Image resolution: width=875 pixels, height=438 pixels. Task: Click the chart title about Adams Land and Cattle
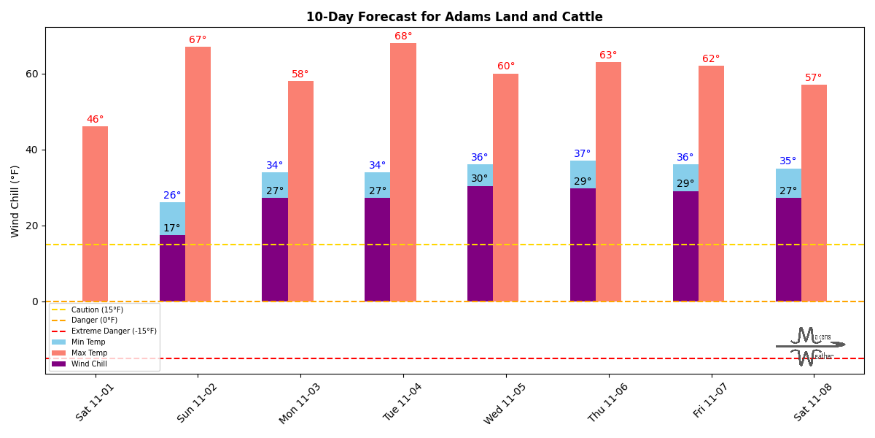[454, 17]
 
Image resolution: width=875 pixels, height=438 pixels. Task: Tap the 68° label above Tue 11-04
[403, 36]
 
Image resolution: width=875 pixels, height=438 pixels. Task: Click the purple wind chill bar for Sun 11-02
[172, 268]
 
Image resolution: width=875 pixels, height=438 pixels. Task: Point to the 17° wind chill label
[172, 228]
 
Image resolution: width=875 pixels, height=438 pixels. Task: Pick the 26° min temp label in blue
[172, 196]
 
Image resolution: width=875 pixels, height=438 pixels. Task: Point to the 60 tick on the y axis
[31, 74]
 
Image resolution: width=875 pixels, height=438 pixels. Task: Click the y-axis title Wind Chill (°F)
[16, 201]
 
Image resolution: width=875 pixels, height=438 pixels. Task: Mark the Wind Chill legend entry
[89, 364]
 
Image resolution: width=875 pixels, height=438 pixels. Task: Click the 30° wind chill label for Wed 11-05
[479, 179]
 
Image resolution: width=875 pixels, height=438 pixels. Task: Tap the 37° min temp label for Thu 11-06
[582, 154]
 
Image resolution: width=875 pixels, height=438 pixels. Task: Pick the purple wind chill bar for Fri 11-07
[685, 246]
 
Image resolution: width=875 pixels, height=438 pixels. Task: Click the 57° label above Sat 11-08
[813, 78]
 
